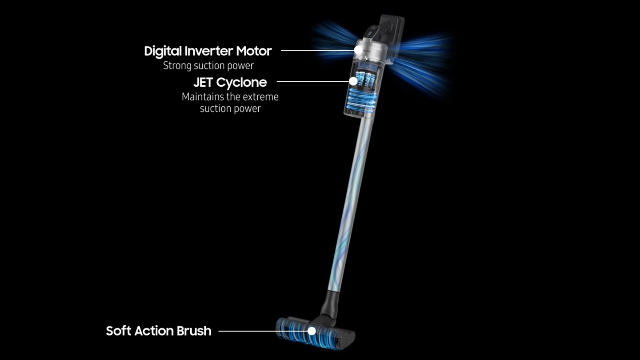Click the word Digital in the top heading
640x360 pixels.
(x=163, y=52)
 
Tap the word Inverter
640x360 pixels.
(x=209, y=51)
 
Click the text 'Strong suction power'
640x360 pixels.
(x=208, y=66)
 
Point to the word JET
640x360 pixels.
(x=203, y=83)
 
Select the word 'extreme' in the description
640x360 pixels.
(x=262, y=97)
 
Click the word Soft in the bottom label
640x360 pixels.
(x=118, y=331)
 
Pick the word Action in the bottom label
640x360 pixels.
(x=154, y=331)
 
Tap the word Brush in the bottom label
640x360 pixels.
(x=194, y=331)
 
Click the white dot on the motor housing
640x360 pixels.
(x=358, y=50)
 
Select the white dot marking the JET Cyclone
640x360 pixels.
(x=353, y=81)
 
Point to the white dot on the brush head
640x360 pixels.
(x=312, y=331)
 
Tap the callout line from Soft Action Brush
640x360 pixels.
(x=263, y=331)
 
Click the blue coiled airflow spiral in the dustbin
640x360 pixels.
(x=360, y=100)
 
